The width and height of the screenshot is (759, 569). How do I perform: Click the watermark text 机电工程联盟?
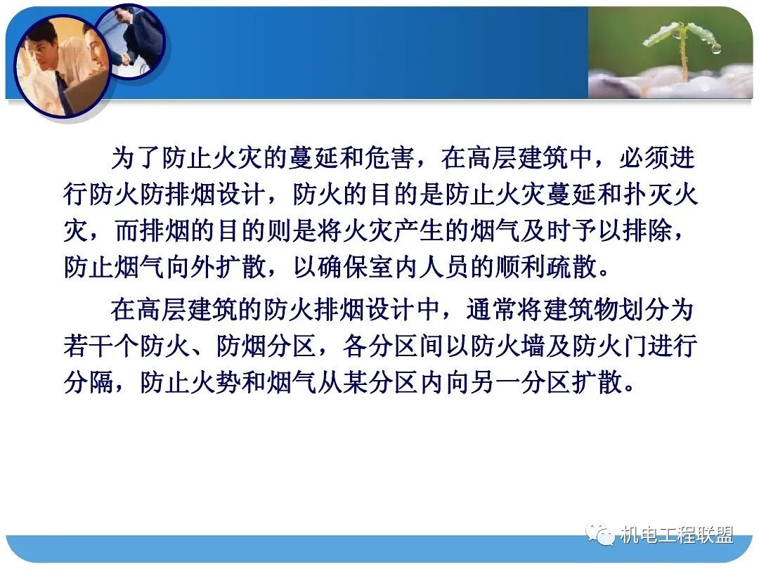coord(677,535)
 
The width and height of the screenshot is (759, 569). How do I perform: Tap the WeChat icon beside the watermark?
coord(604,535)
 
